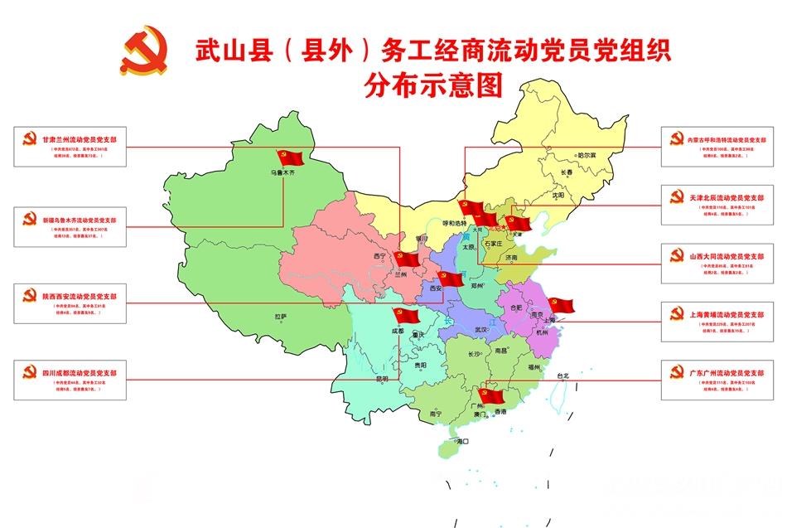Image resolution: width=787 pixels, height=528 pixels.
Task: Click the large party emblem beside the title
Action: coord(144,51)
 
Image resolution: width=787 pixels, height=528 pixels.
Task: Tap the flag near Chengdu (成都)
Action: coord(407,314)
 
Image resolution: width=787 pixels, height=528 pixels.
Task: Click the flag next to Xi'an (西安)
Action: coord(449,278)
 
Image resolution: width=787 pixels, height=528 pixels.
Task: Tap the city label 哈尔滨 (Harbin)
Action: coord(587,155)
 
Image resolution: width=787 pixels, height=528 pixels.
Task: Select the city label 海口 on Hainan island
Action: coord(461,442)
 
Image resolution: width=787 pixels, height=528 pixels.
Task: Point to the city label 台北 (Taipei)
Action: coord(563,375)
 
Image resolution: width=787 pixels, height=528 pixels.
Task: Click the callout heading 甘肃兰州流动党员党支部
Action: coord(80,139)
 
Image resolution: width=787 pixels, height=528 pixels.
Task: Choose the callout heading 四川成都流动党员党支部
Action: coord(80,374)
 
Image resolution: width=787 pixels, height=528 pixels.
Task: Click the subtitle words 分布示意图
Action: coord(433,86)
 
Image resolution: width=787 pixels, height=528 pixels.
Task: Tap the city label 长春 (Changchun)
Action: coord(567,173)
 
